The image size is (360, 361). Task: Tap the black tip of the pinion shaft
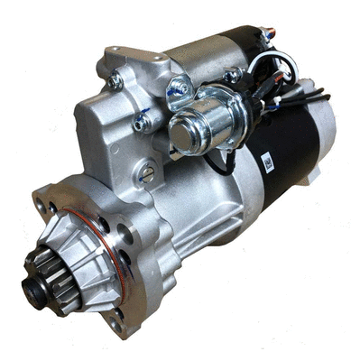(x=32, y=291)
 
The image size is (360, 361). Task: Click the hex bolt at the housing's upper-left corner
(x=115, y=81)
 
